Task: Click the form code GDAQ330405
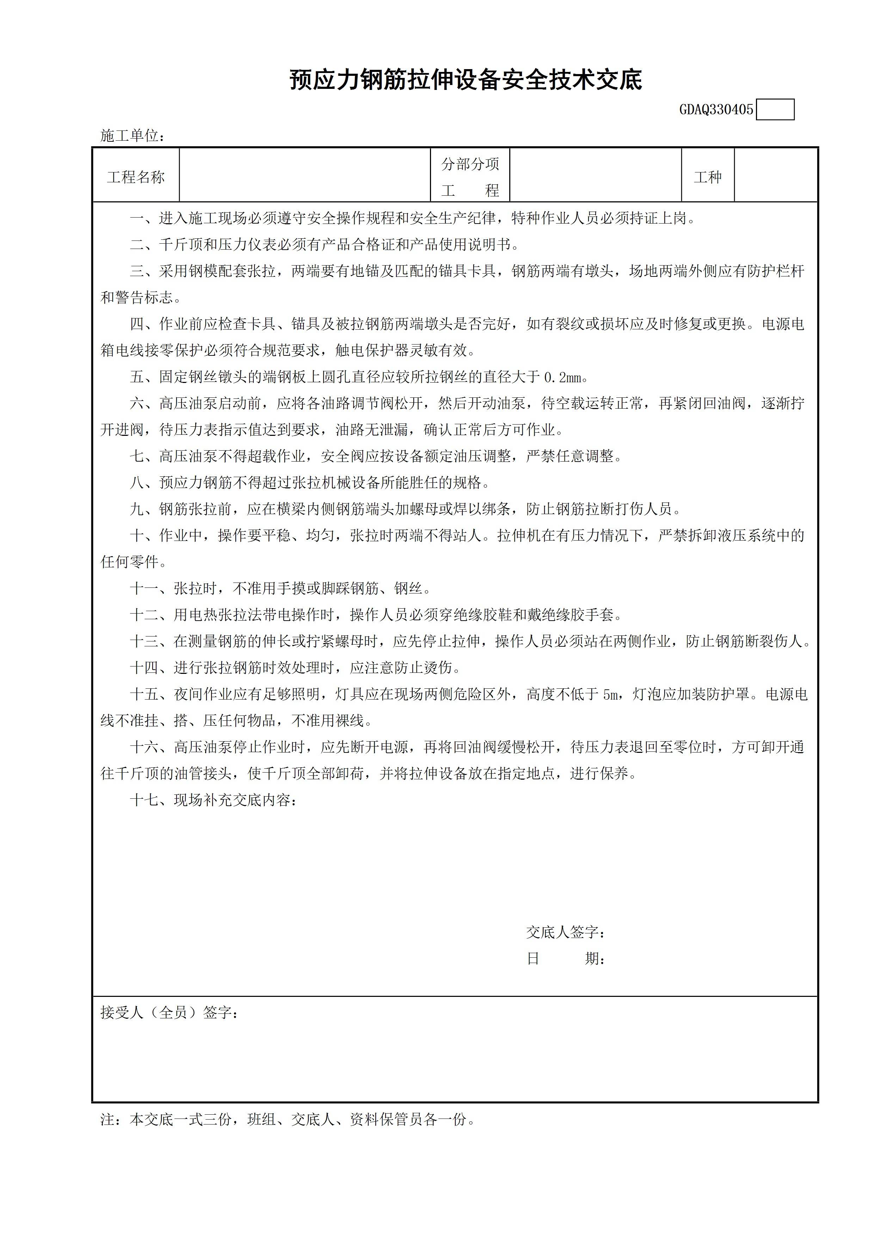[x=716, y=110]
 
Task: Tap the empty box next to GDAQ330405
[x=775, y=110]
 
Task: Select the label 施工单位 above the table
[x=132, y=136]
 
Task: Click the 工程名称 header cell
[x=136, y=177]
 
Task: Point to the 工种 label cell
[x=708, y=177]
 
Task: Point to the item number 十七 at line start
[x=144, y=800]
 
